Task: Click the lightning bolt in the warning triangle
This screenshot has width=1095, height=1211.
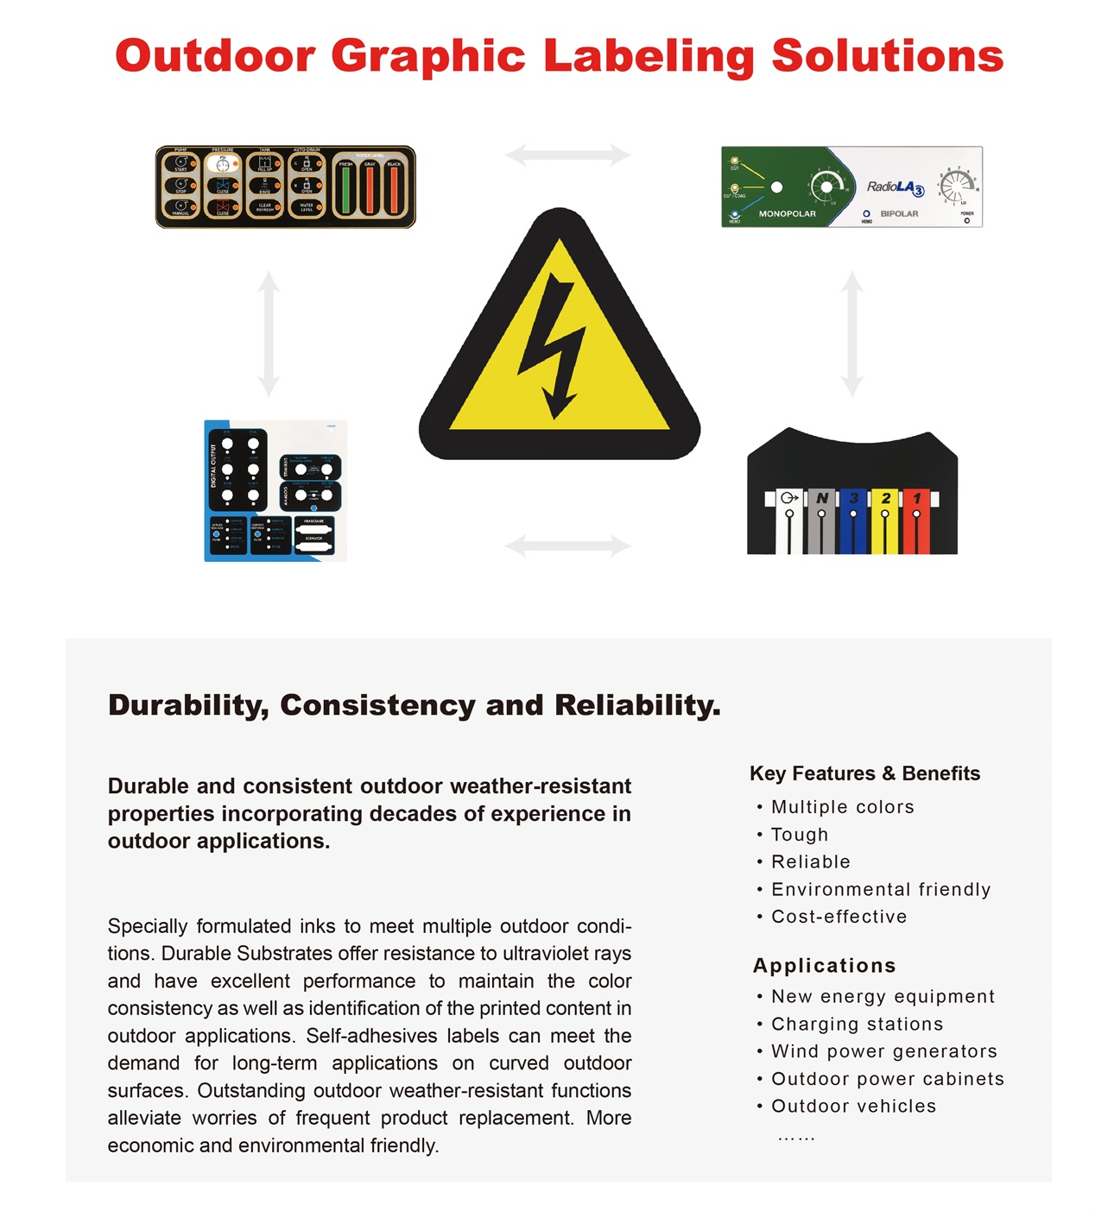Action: click(554, 345)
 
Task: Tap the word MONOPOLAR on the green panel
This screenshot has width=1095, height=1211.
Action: click(787, 214)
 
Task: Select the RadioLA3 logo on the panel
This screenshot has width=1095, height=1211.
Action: click(895, 187)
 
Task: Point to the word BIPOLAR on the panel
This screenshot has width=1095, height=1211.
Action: click(899, 214)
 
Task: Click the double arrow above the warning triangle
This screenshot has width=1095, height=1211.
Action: click(567, 155)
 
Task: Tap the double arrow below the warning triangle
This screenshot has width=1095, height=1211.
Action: click(567, 546)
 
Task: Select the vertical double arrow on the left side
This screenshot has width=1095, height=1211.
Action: click(269, 334)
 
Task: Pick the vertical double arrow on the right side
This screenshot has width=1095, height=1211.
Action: click(852, 334)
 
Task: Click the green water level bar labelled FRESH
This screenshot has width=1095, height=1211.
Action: click(345, 190)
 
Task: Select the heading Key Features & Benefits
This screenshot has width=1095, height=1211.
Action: click(864, 773)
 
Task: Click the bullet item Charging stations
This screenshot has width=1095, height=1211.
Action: click(857, 1025)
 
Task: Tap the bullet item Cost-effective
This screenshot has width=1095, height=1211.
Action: click(839, 917)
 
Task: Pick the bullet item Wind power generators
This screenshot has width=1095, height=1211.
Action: click(883, 1051)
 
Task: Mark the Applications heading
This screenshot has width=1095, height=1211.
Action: click(824, 966)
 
